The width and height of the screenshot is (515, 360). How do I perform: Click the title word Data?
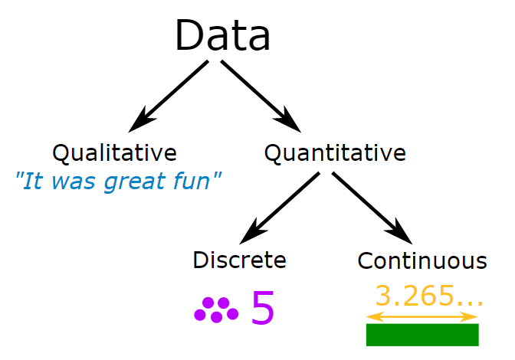point(222,36)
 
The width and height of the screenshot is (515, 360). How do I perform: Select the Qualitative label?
point(114,152)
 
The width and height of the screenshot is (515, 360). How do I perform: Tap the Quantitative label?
point(335,152)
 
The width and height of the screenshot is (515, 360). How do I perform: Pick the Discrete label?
point(239,260)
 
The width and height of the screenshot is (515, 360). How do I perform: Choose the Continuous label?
point(422,260)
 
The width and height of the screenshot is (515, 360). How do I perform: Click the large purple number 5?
point(263,309)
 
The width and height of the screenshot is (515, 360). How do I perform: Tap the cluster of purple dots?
point(216,309)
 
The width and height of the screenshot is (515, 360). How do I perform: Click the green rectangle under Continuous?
point(422,335)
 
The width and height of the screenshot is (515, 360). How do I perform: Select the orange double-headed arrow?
point(422,316)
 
